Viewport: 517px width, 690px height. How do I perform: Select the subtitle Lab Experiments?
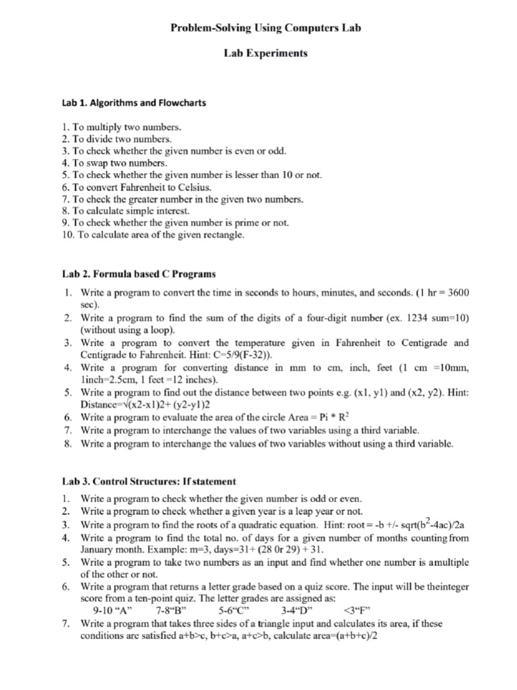click(x=265, y=54)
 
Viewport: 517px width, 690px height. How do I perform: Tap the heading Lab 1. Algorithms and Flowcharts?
click(x=134, y=103)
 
